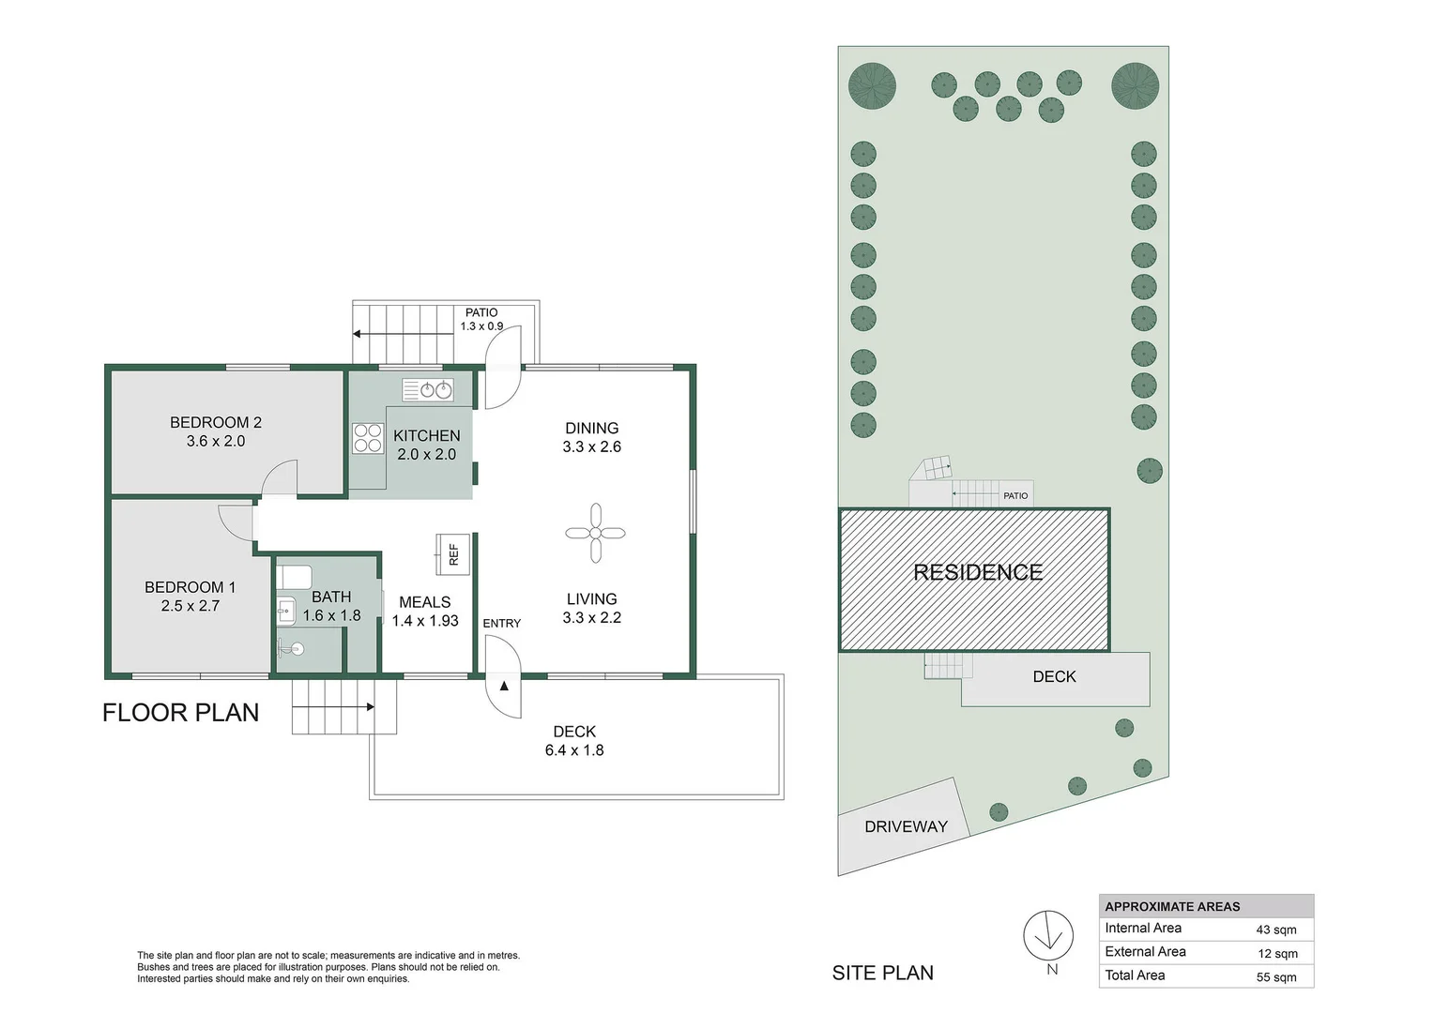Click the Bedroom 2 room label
215,422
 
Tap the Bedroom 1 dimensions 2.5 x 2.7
191,605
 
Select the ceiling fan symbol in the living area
595,533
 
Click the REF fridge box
453,554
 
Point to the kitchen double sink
428,389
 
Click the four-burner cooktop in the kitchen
368,438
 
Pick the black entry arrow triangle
504,686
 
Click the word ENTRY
501,624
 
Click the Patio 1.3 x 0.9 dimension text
481,325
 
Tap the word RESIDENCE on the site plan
978,572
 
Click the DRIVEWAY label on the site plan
906,826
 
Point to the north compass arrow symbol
1048,935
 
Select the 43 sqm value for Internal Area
1276,930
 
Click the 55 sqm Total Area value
1276,977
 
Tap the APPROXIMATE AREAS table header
1172,906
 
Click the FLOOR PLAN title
180,712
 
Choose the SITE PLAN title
883,973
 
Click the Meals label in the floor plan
424,602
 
